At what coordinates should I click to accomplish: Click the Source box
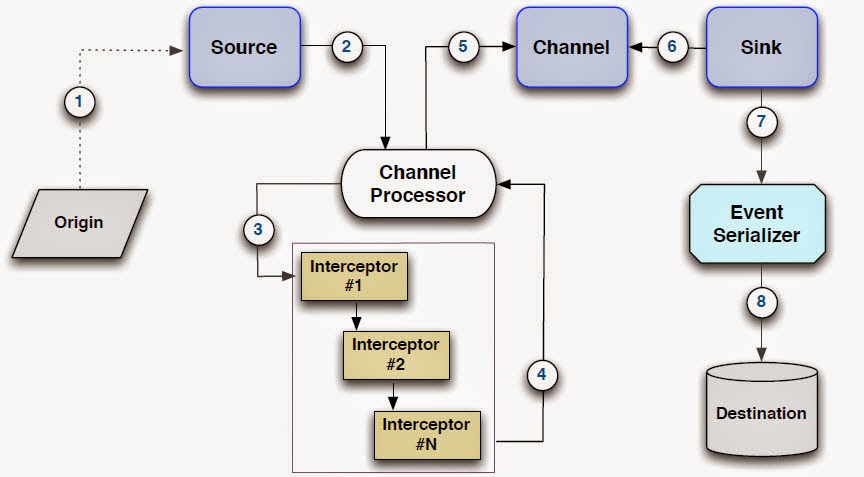pyautogui.click(x=243, y=47)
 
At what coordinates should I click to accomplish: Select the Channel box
pyautogui.click(x=571, y=47)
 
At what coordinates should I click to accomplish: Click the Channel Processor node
pyautogui.click(x=418, y=184)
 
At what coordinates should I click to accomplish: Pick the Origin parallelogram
pyautogui.click(x=79, y=221)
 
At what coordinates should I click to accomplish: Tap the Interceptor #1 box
pyautogui.click(x=355, y=277)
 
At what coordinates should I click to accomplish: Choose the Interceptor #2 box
pyautogui.click(x=396, y=354)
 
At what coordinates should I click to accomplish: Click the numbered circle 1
pyautogui.click(x=82, y=102)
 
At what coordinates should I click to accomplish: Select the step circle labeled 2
pyautogui.click(x=346, y=47)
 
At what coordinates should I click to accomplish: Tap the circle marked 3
pyautogui.click(x=258, y=230)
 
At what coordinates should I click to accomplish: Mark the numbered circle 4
pyautogui.click(x=542, y=376)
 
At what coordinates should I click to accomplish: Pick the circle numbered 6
pyautogui.click(x=672, y=47)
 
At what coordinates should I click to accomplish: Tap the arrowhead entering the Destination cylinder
pyautogui.click(x=764, y=357)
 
